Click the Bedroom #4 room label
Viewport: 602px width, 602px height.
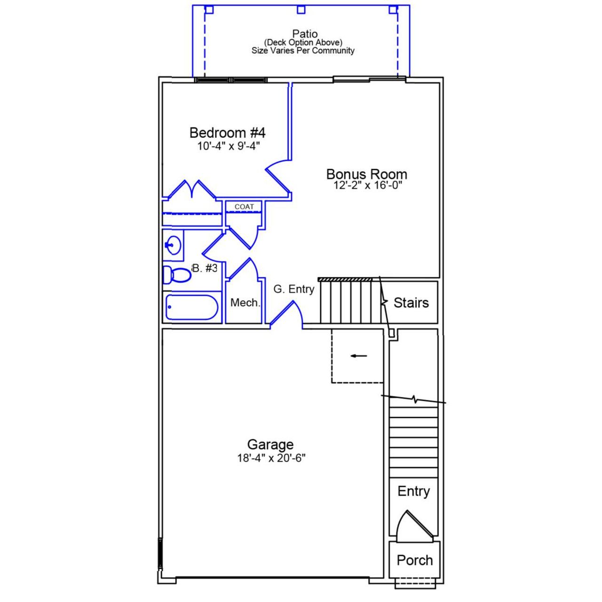point(227,133)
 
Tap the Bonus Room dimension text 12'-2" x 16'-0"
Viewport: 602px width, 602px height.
point(368,185)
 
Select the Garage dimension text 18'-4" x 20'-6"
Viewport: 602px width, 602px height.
point(271,458)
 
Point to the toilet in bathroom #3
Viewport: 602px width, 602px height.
point(177,275)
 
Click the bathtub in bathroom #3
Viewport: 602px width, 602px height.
point(192,308)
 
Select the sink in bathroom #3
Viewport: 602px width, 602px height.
point(173,245)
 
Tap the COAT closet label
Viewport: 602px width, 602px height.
point(244,207)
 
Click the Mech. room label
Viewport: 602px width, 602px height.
point(245,303)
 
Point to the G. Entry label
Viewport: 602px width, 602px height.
point(294,289)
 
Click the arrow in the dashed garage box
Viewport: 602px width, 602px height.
point(359,356)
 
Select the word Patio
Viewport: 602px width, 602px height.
point(305,34)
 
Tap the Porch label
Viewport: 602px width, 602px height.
point(414,560)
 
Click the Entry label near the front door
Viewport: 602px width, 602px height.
point(413,491)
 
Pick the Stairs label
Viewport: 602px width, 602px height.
point(411,303)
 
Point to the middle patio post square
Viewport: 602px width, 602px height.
point(301,9)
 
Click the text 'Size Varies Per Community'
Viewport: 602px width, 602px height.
point(303,51)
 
